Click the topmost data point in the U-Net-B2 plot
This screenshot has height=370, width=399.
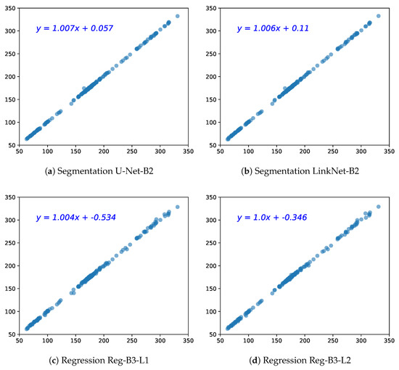click(x=178, y=16)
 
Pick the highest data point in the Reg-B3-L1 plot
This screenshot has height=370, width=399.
click(x=178, y=207)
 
